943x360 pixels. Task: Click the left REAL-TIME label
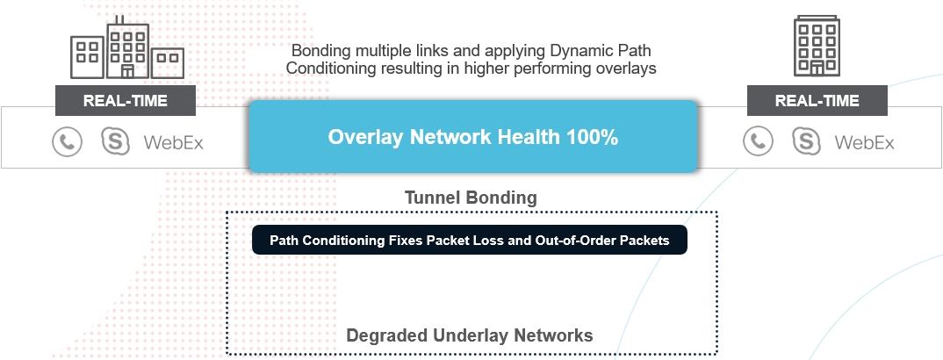coord(125,100)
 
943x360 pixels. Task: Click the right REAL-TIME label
coord(817,100)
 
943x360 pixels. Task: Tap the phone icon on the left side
coord(67,142)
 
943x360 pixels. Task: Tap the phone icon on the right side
coord(758,142)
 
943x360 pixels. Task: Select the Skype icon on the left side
coord(116,142)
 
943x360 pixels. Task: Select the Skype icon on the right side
coord(807,142)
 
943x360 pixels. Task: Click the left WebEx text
coord(173,143)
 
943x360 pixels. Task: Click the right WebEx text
coord(864,143)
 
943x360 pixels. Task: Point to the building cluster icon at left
coord(127,47)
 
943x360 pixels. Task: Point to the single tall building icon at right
coord(817,46)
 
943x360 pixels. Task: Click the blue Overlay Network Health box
coord(473,136)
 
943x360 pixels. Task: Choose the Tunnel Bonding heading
coord(471,198)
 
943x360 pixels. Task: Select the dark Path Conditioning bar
coord(469,240)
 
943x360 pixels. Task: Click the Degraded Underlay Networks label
coord(470,335)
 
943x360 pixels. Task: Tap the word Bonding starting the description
coord(318,51)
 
